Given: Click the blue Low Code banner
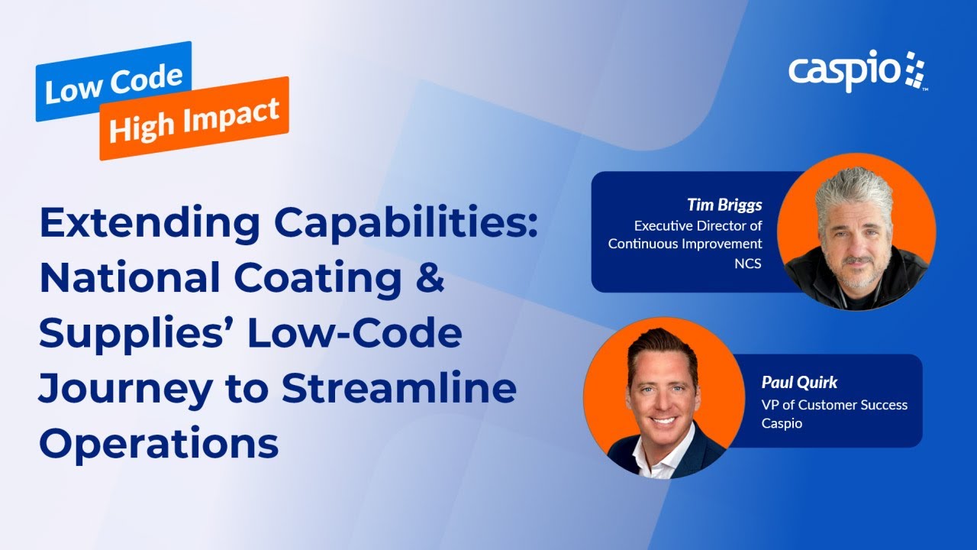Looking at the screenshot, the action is point(114,81).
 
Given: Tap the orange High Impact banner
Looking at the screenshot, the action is point(195,118).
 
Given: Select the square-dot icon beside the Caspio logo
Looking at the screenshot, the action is point(915,69).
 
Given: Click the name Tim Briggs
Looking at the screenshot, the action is point(724,205).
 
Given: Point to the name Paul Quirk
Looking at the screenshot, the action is point(799,383).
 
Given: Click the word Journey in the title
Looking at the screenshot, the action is point(126,390).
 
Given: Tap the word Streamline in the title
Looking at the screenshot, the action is point(399,387).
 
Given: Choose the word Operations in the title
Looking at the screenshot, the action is point(160,443).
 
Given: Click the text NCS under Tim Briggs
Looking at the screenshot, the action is point(748,264).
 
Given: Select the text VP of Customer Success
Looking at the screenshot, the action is point(834,405).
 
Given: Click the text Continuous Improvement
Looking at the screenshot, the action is point(685,244).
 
